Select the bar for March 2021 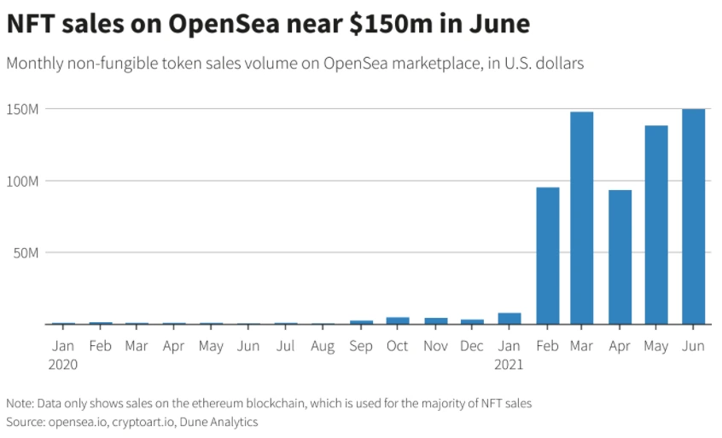pos(581,218)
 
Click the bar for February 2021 pos(547,256)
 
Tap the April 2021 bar pos(620,256)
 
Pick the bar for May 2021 pos(656,225)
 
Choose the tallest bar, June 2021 pos(693,216)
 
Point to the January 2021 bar pos(509,319)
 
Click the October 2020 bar pos(398,320)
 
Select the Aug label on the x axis pos(323,347)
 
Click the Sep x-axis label pos(361,347)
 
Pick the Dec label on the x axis pos(472,347)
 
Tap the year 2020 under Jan pos(63,364)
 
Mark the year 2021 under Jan pos(509,364)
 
